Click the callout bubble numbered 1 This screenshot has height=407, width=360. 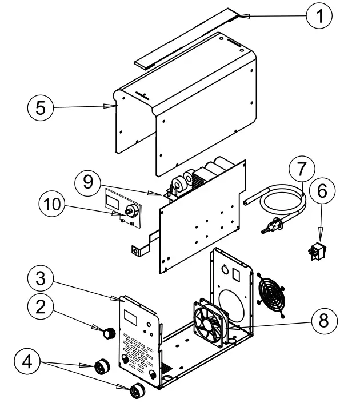click(319, 16)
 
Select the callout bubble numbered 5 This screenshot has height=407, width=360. click(41, 107)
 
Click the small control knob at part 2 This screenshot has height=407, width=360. click(107, 332)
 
